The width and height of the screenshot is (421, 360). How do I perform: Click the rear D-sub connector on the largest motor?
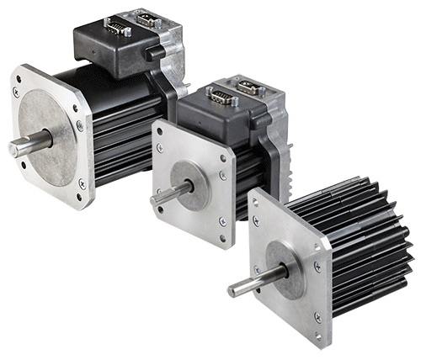[147, 19]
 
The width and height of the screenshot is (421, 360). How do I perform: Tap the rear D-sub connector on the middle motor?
[252, 87]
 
